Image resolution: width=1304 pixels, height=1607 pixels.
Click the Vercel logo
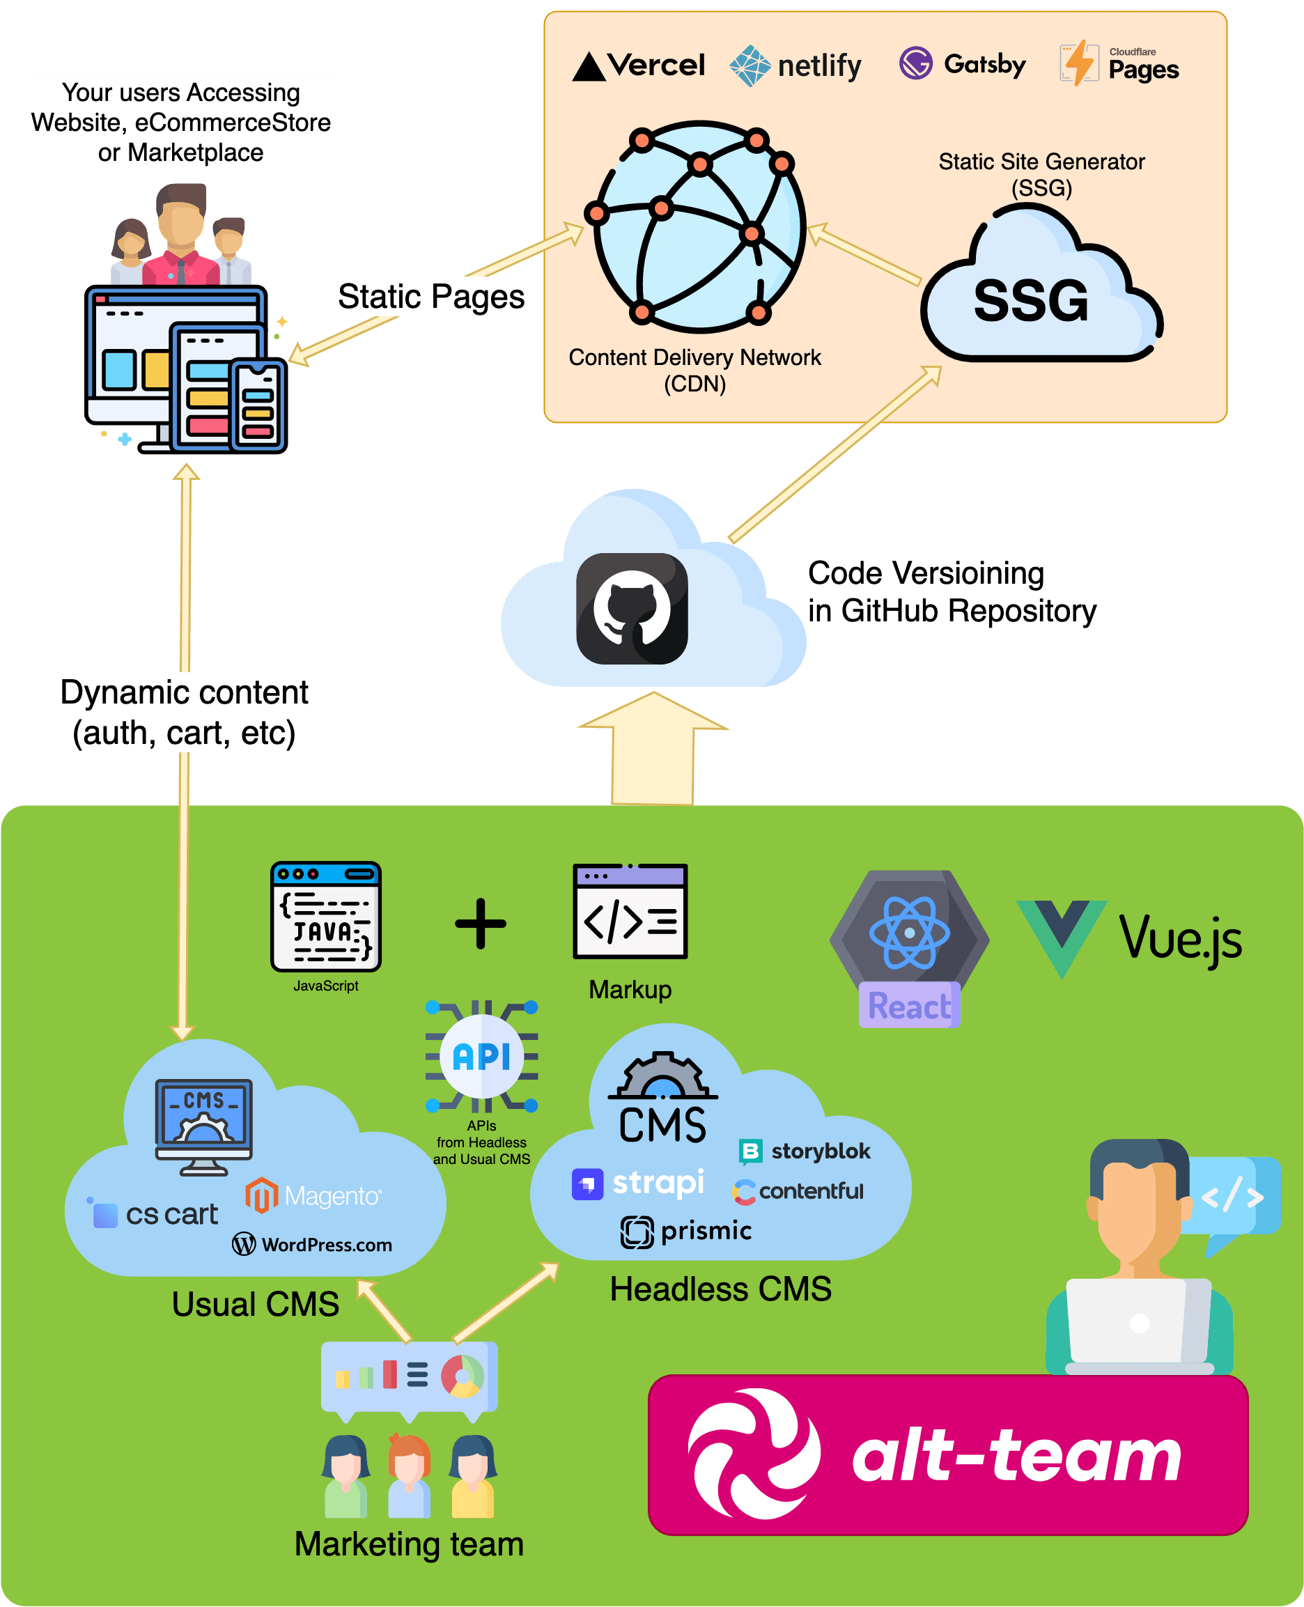click(x=639, y=66)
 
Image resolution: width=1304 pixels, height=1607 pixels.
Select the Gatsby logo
click(x=961, y=65)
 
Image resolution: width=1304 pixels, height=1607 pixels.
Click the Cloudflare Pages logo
click(x=1119, y=65)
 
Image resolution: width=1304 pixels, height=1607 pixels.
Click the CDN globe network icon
click(x=699, y=225)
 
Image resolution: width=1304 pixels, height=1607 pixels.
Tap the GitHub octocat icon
click(x=632, y=608)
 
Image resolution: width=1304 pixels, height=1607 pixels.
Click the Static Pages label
click(x=430, y=297)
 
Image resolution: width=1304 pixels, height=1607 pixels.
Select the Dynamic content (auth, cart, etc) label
click(x=184, y=712)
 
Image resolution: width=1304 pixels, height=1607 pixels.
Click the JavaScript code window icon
click(x=325, y=916)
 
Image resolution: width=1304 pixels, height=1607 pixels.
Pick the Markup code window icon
click(x=630, y=911)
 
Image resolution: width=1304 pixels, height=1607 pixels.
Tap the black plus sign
click(x=481, y=923)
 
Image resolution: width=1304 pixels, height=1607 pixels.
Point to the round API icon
click(x=481, y=1056)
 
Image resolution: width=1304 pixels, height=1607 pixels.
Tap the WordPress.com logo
click(x=312, y=1244)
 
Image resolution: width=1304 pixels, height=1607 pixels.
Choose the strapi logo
click(x=638, y=1183)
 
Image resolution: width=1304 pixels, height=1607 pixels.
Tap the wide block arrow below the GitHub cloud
click(x=653, y=751)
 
